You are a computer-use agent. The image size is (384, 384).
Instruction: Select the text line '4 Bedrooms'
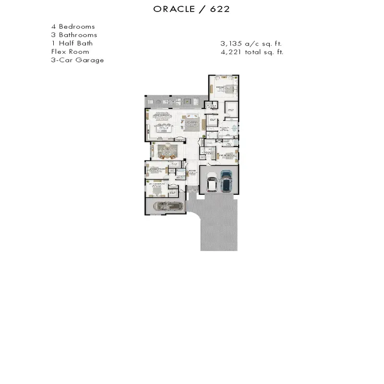pyautogui.click(x=73, y=27)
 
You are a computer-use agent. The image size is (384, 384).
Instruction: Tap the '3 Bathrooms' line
pyautogui.click(x=74, y=35)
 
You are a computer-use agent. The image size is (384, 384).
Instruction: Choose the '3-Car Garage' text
pyautogui.click(x=77, y=60)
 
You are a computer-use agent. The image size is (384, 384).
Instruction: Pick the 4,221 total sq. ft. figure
pyautogui.click(x=252, y=52)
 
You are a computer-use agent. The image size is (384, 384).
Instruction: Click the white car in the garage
pyautogui.click(x=211, y=183)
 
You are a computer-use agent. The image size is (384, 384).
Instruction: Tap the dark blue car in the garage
pyautogui.click(x=226, y=180)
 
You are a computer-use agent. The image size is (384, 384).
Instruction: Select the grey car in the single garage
pyautogui.click(x=168, y=206)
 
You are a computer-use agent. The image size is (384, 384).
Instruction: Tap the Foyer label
pyautogui.click(x=192, y=171)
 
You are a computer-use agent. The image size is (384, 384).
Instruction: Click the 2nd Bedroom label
pyautogui.click(x=226, y=156)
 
